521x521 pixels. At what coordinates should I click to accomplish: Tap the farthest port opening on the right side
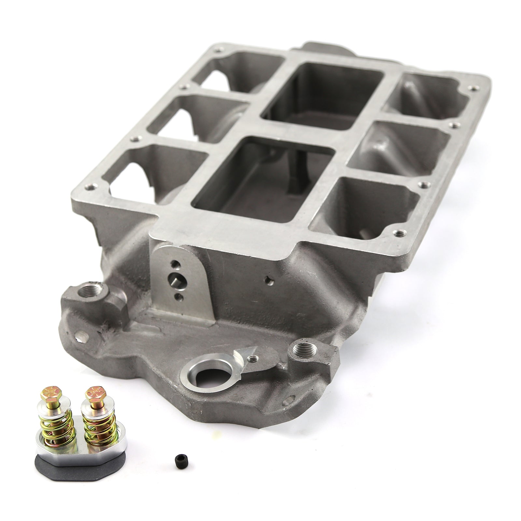tap(430, 94)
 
